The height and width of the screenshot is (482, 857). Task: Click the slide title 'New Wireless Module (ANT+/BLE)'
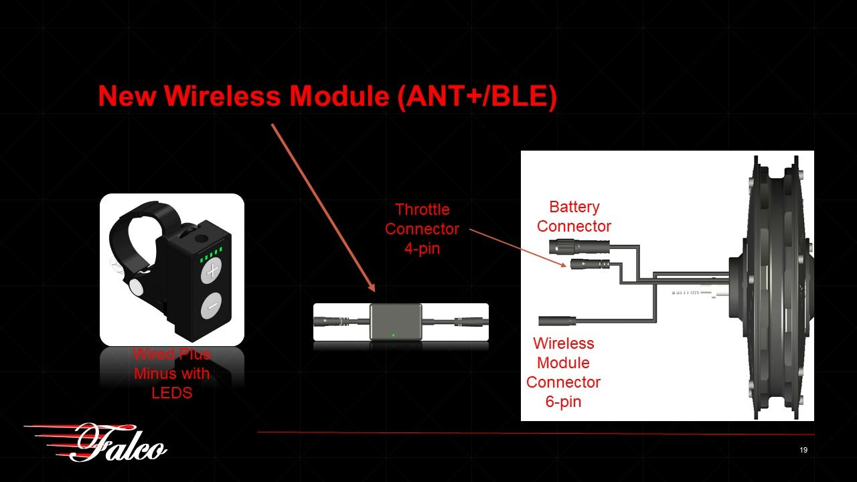coord(327,96)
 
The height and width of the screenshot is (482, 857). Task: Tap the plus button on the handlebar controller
coord(212,272)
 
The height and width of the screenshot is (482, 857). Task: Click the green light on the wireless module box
coord(394,335)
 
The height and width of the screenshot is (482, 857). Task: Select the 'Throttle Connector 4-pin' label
coord(422,229)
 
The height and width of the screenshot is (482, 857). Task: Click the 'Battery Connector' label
coord(574,216)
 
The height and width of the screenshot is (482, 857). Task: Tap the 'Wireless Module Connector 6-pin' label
coord(563,372)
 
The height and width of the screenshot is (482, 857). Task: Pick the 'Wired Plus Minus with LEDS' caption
coord(172,374)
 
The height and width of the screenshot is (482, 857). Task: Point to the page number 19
coord(803,450)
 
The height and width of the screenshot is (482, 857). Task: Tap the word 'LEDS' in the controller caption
coord(172,392)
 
